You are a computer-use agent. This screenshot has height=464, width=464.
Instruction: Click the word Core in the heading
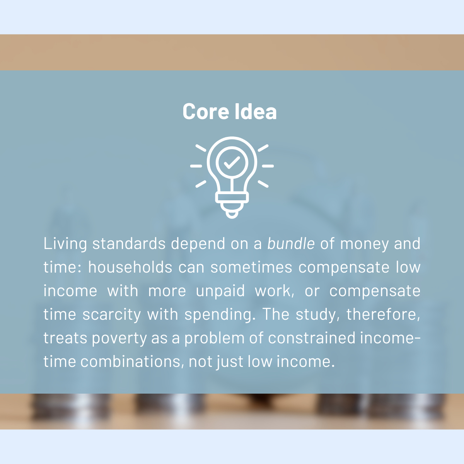click(206, 111)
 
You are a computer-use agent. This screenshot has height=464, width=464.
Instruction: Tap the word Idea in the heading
click(256, 111)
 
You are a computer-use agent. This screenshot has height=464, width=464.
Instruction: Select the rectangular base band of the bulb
click(232, 198)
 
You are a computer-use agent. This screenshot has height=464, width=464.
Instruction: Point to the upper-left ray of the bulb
click(201, 148)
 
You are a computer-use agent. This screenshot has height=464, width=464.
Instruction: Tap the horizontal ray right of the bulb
click(268, 166)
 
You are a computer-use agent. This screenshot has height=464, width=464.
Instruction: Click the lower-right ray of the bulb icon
click(263, 184)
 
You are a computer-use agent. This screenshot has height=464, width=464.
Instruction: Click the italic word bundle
click(291, 244)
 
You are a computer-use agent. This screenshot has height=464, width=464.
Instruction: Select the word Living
click(65, 244)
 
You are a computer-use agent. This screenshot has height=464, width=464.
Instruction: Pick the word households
click(130, 267)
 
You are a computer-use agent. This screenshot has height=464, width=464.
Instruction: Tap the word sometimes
click(251, 267)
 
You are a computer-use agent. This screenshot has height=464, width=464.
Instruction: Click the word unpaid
click(220, 291)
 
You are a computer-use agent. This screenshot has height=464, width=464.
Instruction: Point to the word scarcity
click(112, 314)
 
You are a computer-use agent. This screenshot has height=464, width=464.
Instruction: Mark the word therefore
click(383, 314)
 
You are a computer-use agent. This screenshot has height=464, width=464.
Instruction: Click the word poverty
click(119, 338)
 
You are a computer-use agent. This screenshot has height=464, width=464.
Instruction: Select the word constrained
click(312, 338)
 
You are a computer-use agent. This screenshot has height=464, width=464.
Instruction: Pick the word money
click(365, 244)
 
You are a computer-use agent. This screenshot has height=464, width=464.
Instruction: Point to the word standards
click(129, 244)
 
